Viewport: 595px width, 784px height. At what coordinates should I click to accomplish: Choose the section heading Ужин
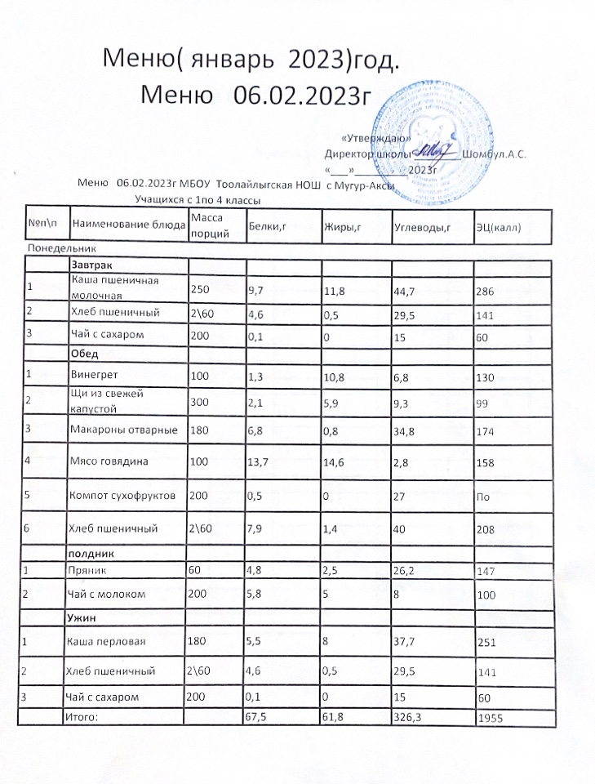pos(86,613)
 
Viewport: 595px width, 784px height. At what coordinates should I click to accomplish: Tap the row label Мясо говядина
pos(107,461)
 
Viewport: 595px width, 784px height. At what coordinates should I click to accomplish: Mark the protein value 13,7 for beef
pos(259,461)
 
